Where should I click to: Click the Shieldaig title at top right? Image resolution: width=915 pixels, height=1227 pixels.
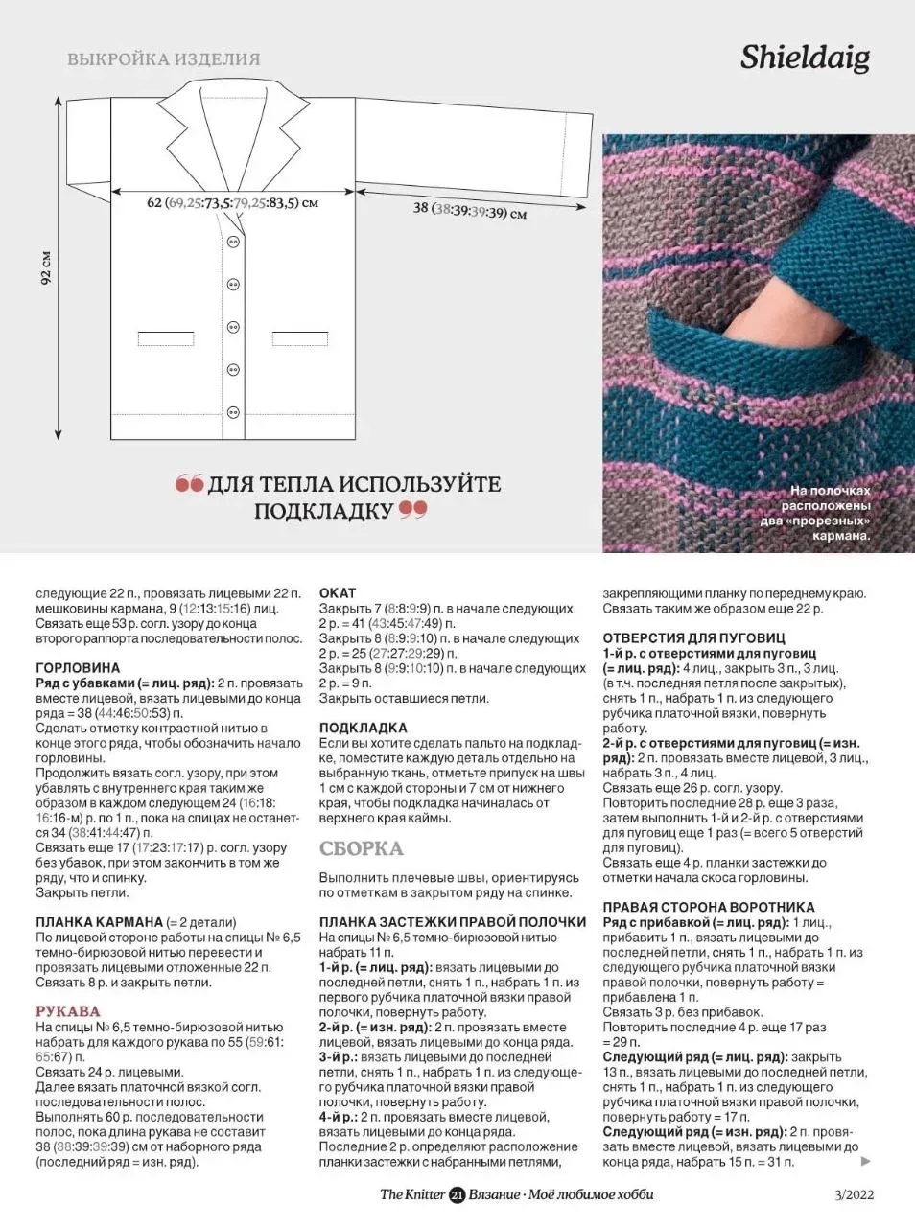(805, 58)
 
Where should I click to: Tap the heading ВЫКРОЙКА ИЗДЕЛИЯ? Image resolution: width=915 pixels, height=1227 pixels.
(164, 59)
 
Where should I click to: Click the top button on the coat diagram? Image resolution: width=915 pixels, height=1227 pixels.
(233, 243)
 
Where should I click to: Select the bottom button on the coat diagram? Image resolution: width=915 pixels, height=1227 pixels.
(233, 412)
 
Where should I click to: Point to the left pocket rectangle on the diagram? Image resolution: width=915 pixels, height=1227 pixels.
(166, 338)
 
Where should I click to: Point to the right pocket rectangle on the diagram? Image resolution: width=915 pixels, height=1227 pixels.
(299, 338)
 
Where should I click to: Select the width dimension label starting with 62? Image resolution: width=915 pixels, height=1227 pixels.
(232, 203)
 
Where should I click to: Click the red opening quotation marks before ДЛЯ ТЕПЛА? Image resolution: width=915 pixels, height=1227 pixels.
(189, 484)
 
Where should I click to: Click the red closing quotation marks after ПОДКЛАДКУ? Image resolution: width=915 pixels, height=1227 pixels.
(412, 509)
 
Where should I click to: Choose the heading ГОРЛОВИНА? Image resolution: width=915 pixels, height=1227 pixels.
(78, 668)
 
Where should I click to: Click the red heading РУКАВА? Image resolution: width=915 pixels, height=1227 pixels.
(68, 1011)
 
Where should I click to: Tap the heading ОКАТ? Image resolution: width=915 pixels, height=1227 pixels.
(338, 593)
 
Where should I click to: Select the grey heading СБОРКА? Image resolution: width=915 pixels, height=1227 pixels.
(361, 848)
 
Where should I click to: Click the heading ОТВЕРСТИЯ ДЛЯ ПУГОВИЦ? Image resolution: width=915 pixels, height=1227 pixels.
(693, 637)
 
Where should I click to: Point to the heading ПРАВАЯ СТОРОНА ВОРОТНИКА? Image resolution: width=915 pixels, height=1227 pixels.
(708, 907)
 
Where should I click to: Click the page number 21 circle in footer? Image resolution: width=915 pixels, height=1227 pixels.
(457, 1194)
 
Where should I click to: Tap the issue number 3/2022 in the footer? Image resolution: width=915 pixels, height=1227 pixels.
(855, 1194)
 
